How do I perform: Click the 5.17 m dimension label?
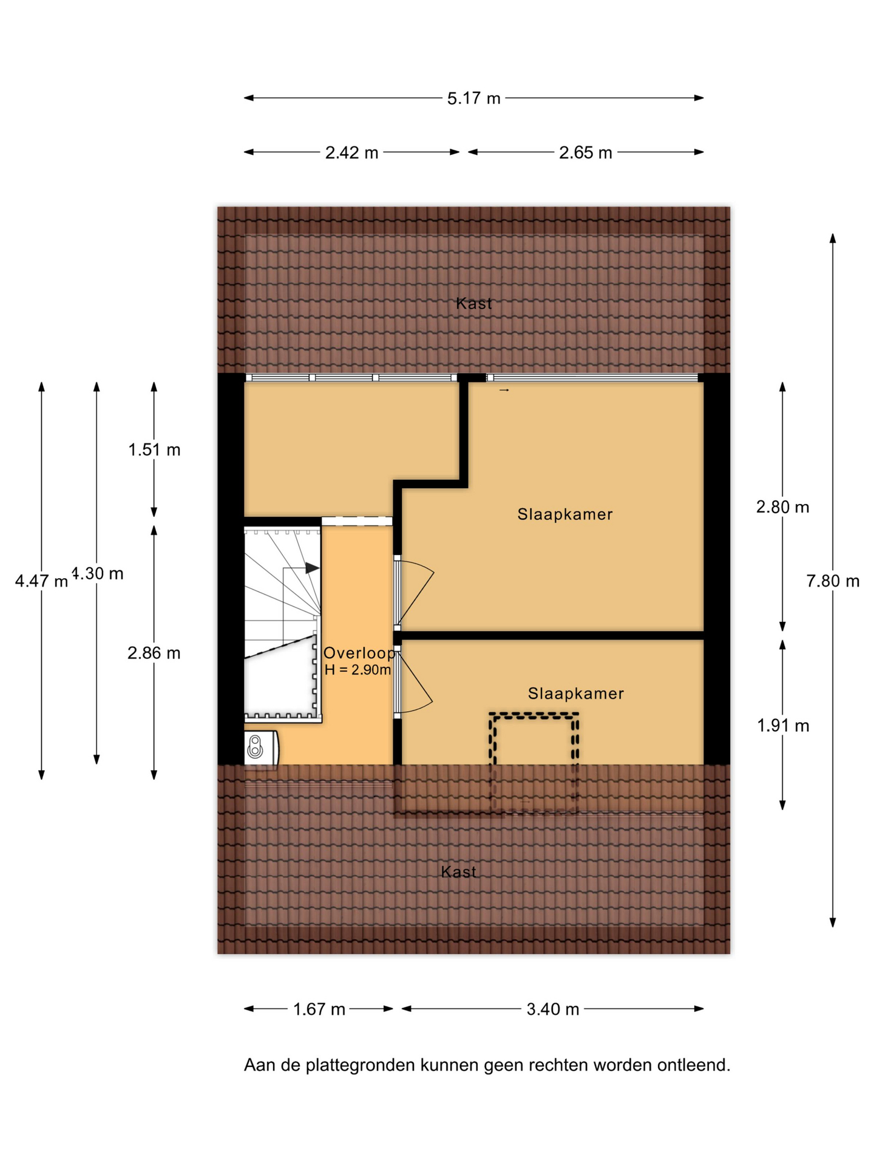(473, 98)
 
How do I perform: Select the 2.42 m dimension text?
(351, 152)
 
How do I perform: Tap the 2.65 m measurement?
(585, 152)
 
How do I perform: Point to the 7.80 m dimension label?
(833, 581)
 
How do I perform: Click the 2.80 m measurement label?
(782, 507)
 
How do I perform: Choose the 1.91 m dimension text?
(783, 726)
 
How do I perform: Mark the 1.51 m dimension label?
(154, 450)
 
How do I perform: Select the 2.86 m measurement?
(154, 653)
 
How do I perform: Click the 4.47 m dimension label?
(41, 581)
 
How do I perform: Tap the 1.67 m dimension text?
(319, 1009)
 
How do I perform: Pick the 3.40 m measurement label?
(553, 1009)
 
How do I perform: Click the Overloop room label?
(359, 653)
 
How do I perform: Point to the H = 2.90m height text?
(357, 670)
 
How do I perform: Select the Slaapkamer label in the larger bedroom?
(565, 514)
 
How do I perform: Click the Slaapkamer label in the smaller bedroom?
(576, 694)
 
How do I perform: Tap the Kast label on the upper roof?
(474, 304)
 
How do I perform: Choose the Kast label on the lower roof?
(458, 872)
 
